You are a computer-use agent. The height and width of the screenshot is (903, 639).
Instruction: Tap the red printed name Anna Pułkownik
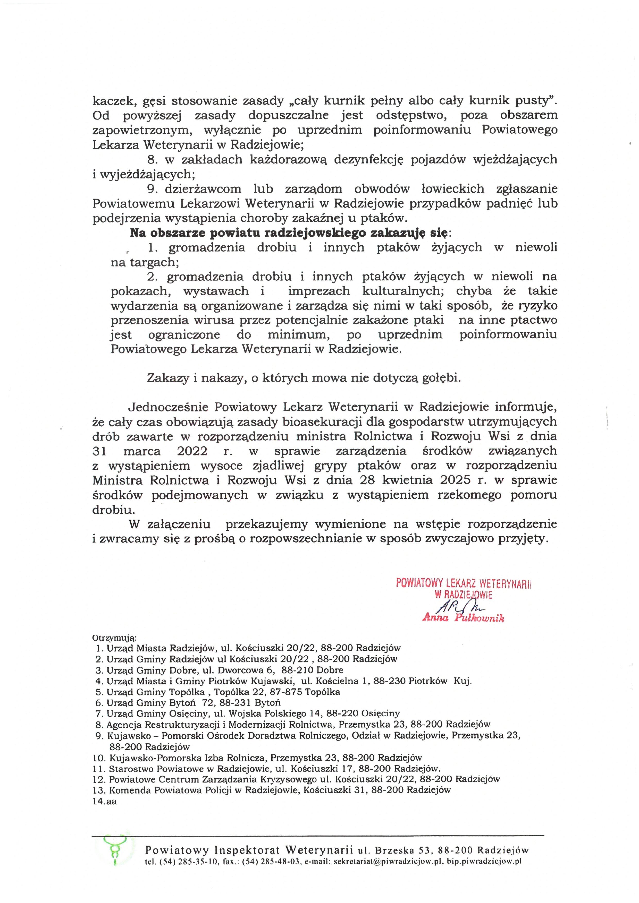pyautogui.click(x=463, y=618)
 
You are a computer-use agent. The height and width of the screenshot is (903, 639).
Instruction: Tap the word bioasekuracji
pyautogui.click(x=317, y=422)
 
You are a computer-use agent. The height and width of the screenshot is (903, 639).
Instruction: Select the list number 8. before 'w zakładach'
pyautogui.click(x=152, y=160)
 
